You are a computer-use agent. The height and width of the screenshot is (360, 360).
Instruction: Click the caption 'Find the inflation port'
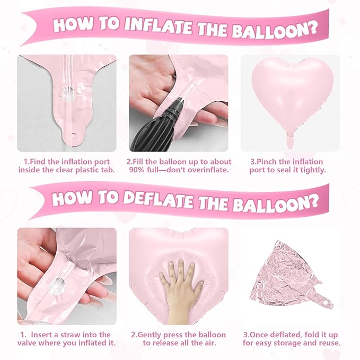click(x=66, y=162)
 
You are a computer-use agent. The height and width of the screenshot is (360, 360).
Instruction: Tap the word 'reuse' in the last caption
click(x=329, y=344)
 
